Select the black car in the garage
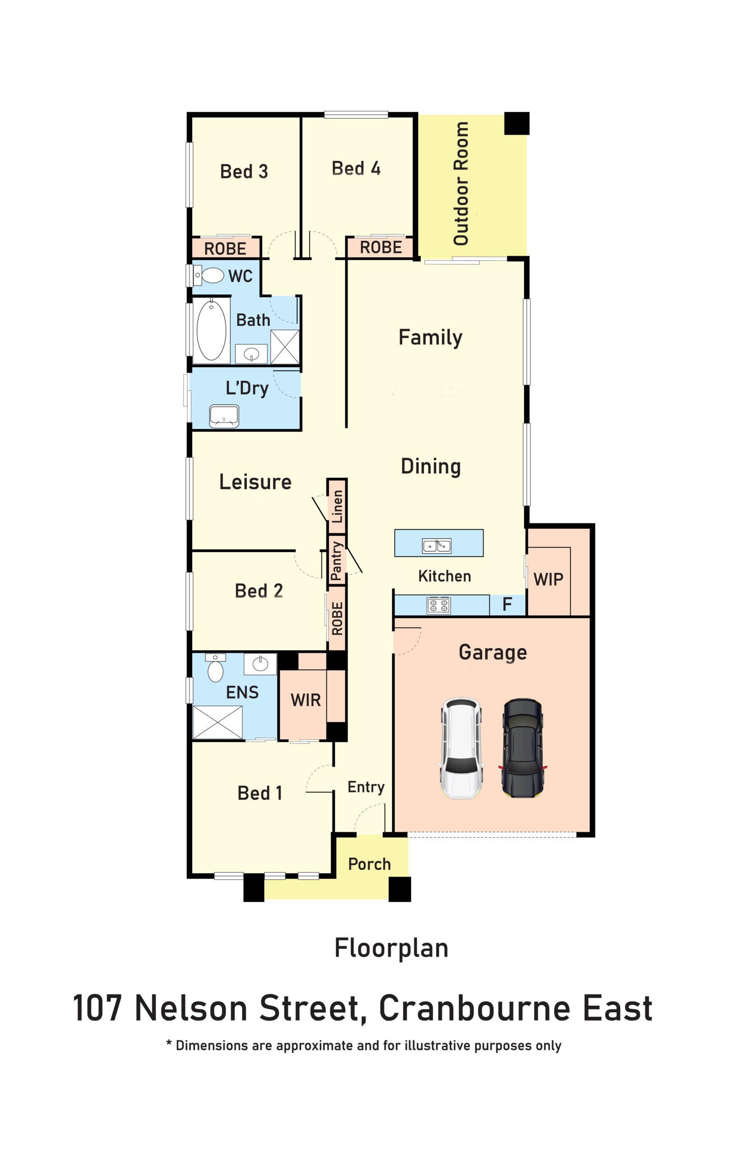click(x=523, y=748)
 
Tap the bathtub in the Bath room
click(x=211, y=330)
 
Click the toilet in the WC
click(x=208, y=276)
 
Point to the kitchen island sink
click(x=436, y=546)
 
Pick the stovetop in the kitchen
click(x=438, y=605)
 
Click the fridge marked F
click(x=507, y=605)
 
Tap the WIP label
click(x=548, y=579)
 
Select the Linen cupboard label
click(x=337, y=507)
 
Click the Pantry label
click(x=337, y=561)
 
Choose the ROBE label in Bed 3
click(x=225, y=249)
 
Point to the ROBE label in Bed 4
click(x=381, y=248)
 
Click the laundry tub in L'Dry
click(x=224, y=416)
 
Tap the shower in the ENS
click(x=218, y=722)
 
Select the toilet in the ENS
click(x=215, y=667)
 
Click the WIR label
click(x=305, y=700)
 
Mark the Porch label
click(x=369, y=864)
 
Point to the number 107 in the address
click(x=97, y=1008)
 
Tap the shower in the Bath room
click(x=285, y=347)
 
